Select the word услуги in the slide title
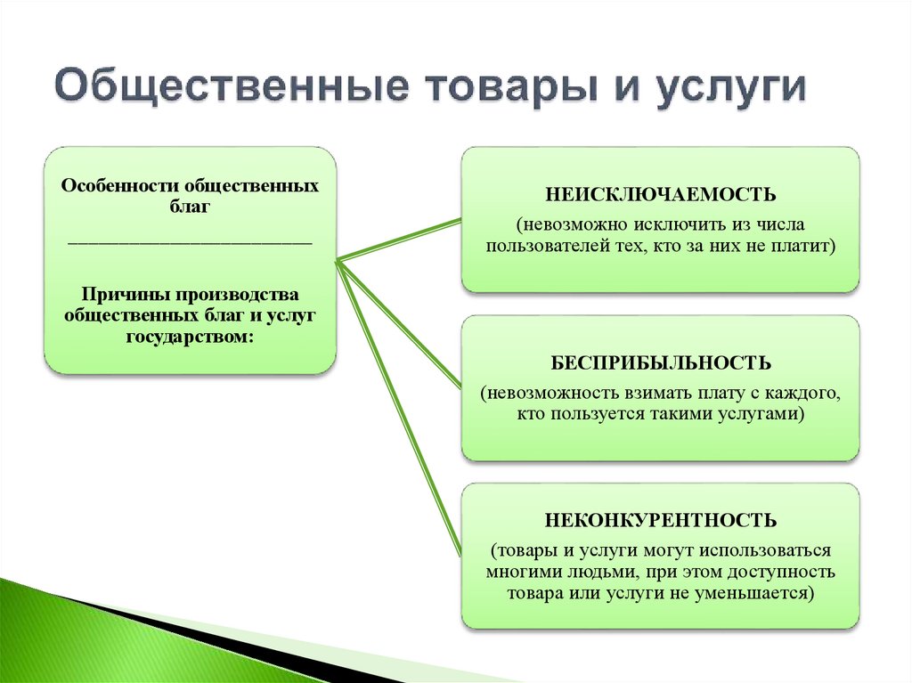731,90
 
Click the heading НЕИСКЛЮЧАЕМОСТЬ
660,194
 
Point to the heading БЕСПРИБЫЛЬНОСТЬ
660,363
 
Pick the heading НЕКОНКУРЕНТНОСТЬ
660,520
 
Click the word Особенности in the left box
118,187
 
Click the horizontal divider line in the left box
190,242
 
